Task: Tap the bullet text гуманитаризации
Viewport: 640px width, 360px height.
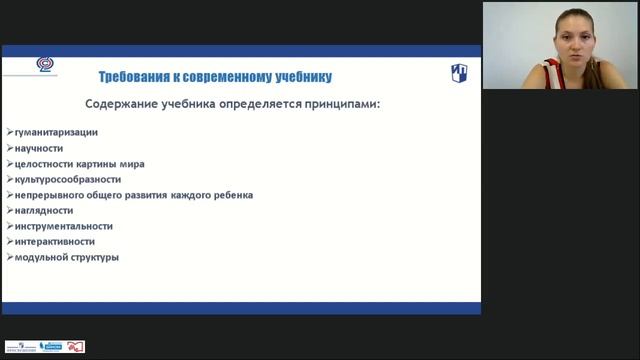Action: (56, 132)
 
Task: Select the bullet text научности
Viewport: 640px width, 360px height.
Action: (39, 148)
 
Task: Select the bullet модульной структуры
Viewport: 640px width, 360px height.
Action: (66, 257)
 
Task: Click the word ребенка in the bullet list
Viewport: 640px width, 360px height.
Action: (233, 195)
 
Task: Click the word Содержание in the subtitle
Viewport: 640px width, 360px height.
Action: (122, 104)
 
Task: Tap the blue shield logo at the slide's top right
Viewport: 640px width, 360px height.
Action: (458, 74)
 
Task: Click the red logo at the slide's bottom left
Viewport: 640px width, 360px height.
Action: (76, 346)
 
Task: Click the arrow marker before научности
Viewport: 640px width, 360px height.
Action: (8, 148)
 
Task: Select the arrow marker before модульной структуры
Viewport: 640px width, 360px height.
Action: (8, 257)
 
